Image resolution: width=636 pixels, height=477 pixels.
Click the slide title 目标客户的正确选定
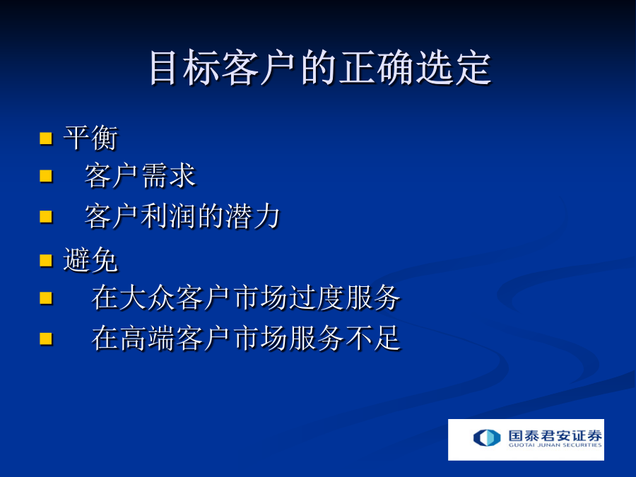(320, 68)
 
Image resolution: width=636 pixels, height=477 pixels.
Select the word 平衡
(91, 138)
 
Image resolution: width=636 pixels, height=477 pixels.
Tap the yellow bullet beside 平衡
(46, 139)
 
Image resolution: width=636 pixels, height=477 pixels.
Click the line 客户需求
(141, 176)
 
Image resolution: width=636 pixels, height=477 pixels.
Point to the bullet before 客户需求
(46, 176)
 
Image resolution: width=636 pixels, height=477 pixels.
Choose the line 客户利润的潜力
(182, 216)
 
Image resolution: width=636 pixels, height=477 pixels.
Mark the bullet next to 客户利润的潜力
(46, 217)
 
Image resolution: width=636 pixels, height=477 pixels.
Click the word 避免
(91, 260)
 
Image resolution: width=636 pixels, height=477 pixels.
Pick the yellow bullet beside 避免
(46, 260)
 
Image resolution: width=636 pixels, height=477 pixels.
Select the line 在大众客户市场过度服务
(246, 298)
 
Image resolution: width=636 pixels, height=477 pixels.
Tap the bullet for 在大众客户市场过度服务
(46, 298)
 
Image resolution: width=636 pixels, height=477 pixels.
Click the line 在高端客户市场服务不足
(246, 338)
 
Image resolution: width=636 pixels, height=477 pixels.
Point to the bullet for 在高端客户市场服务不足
(46, 338)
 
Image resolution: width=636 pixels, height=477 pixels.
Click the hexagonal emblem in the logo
(487, 437)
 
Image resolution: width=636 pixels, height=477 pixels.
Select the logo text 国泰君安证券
(555, 435)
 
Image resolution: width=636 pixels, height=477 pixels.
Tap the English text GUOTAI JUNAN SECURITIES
(555, 445)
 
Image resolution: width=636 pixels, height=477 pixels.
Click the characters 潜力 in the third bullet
(253, 216)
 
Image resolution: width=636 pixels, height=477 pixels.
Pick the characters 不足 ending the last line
(373, 338)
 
